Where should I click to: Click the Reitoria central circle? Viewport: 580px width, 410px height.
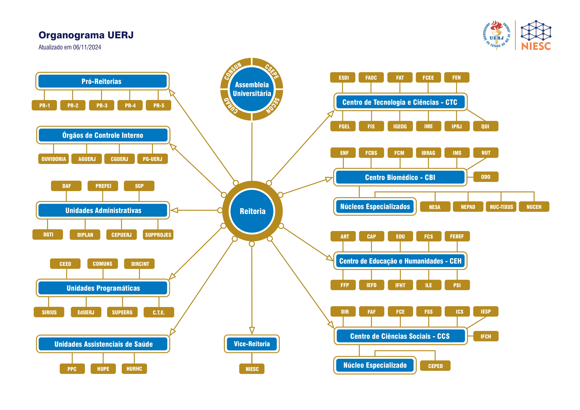[252, 211]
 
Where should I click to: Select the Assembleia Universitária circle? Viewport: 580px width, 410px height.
[252, 89]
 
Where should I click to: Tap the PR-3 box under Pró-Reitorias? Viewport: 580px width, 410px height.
[102, 105]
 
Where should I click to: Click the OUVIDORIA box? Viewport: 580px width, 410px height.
[54, 159]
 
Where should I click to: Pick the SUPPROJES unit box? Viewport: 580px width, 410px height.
[158, 234]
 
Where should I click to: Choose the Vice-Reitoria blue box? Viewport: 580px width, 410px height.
[252, 344]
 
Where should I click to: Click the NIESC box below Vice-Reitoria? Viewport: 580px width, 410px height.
[252, 369]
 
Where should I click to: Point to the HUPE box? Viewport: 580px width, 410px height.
[103, 369]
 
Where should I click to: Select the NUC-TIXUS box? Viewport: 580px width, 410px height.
[501, 207]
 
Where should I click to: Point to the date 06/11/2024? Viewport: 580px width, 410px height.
[87, 47]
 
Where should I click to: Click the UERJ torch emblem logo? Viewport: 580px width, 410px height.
[497, 35]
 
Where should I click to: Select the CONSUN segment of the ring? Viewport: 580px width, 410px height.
[233, 71]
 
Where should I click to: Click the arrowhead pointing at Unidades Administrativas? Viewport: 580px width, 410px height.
[174, 210]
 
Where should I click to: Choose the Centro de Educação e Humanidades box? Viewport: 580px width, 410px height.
[400, 261]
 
